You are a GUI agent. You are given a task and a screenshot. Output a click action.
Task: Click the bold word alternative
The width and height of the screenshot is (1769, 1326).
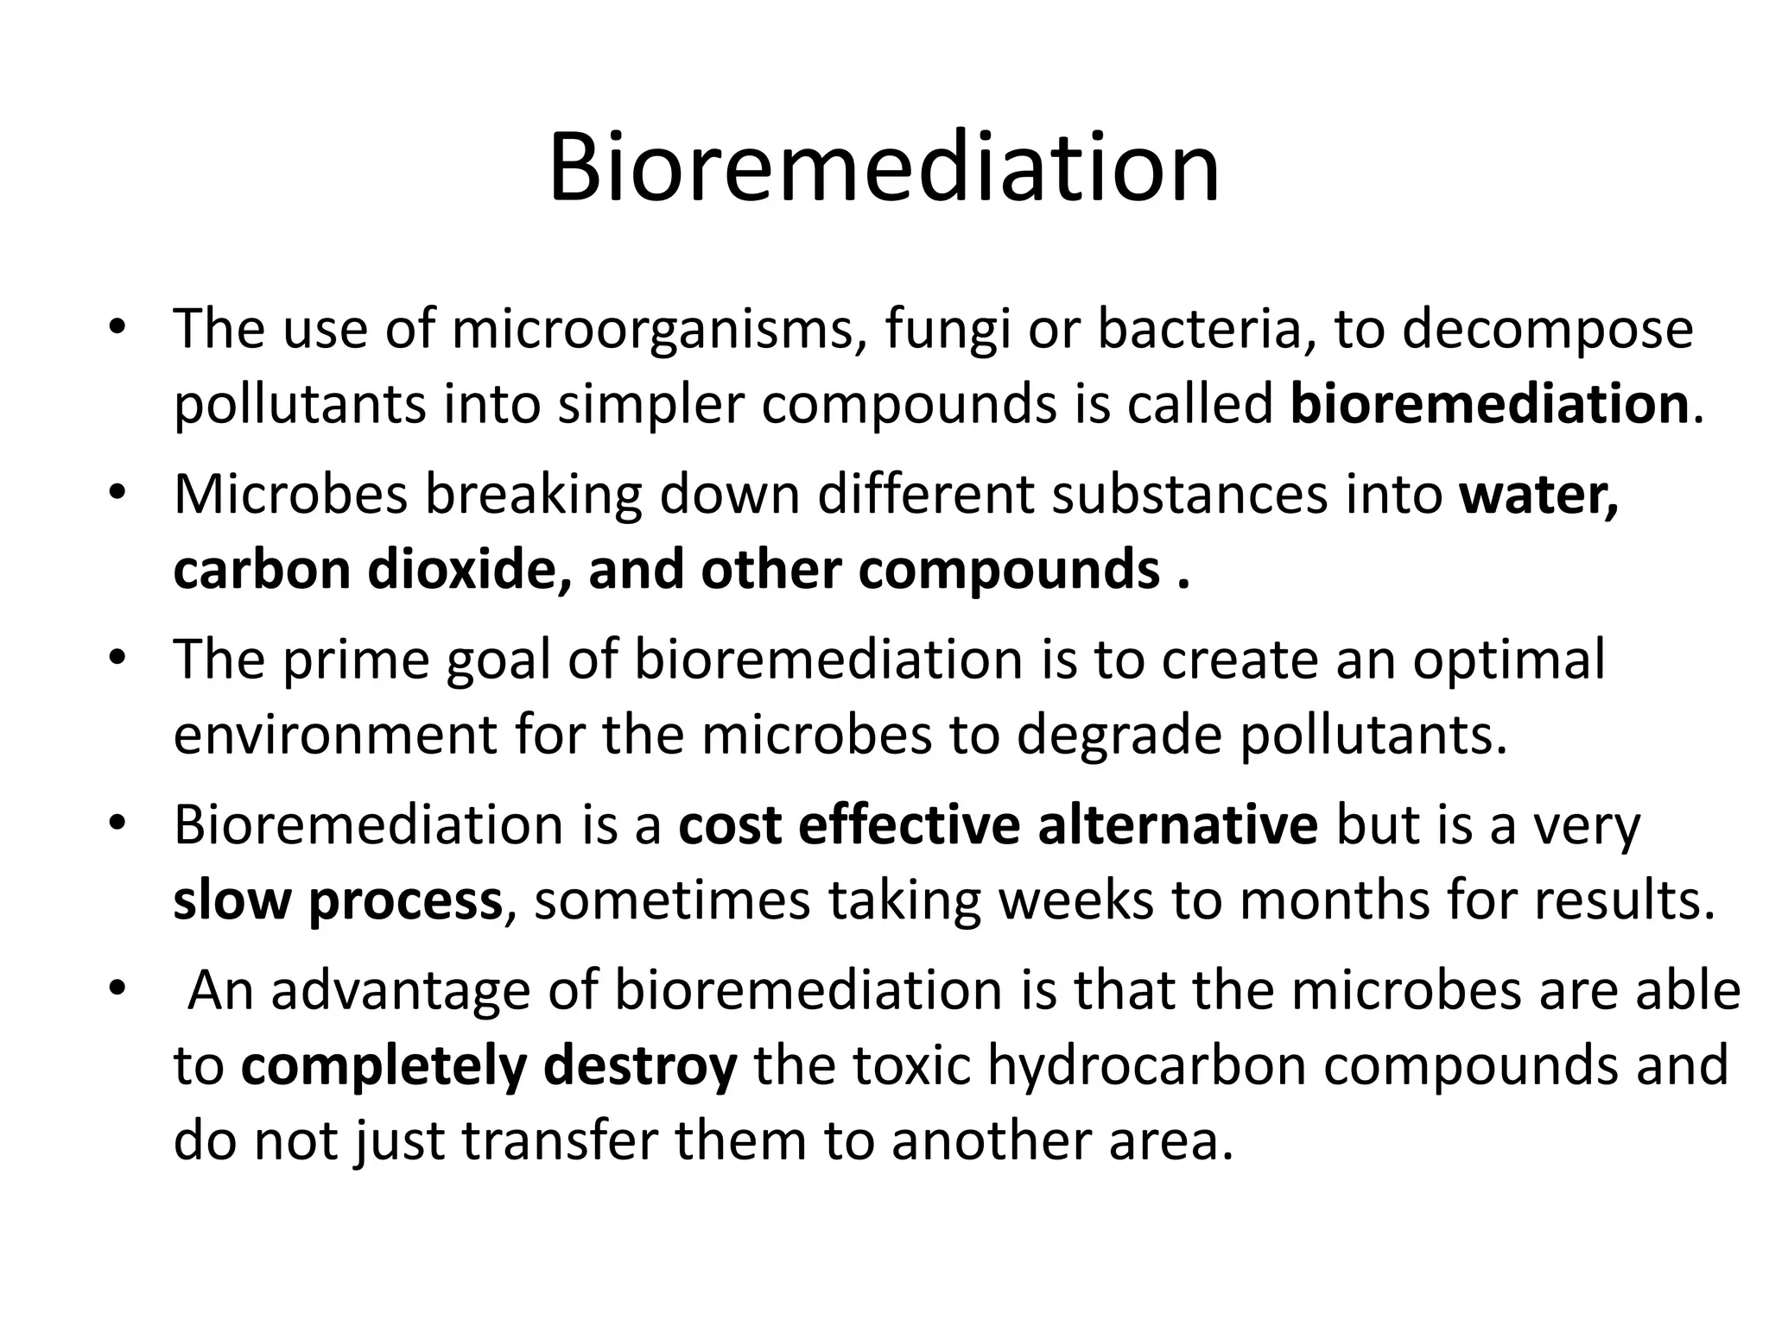(x=1177, y=825)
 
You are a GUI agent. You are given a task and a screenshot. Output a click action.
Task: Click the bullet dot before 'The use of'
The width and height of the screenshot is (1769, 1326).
(x=118, y=328)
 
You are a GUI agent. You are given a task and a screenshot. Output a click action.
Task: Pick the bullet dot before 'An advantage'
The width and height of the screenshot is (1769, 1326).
(x=118, y=988)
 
